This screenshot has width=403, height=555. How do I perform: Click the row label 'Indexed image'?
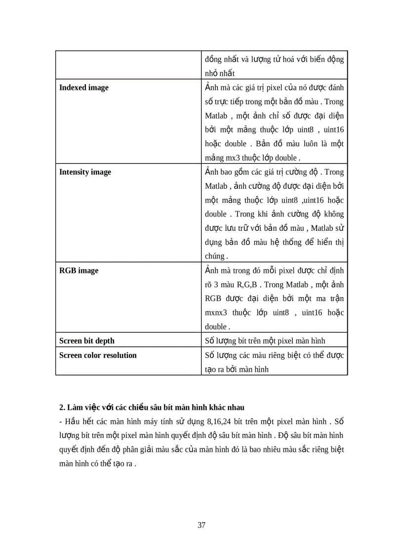click(x=83, y=88)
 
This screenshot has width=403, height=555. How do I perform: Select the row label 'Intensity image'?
click(x=85, y=172)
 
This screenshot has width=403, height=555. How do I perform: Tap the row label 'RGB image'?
click(x=79, y=271)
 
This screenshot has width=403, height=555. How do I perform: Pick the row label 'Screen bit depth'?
click(x=86, y=341)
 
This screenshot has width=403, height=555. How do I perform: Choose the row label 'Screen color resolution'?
click(x=98, y=355)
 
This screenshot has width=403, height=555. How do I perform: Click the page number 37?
click(x=201, y=525)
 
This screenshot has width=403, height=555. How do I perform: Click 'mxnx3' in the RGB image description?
click(x=215, y=313)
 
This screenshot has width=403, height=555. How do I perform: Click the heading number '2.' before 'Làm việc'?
click(x=62, y=408)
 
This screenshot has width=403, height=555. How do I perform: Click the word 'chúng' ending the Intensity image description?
click(x=215, y=256)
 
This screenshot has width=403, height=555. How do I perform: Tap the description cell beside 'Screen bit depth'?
click(x=274, y=341)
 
